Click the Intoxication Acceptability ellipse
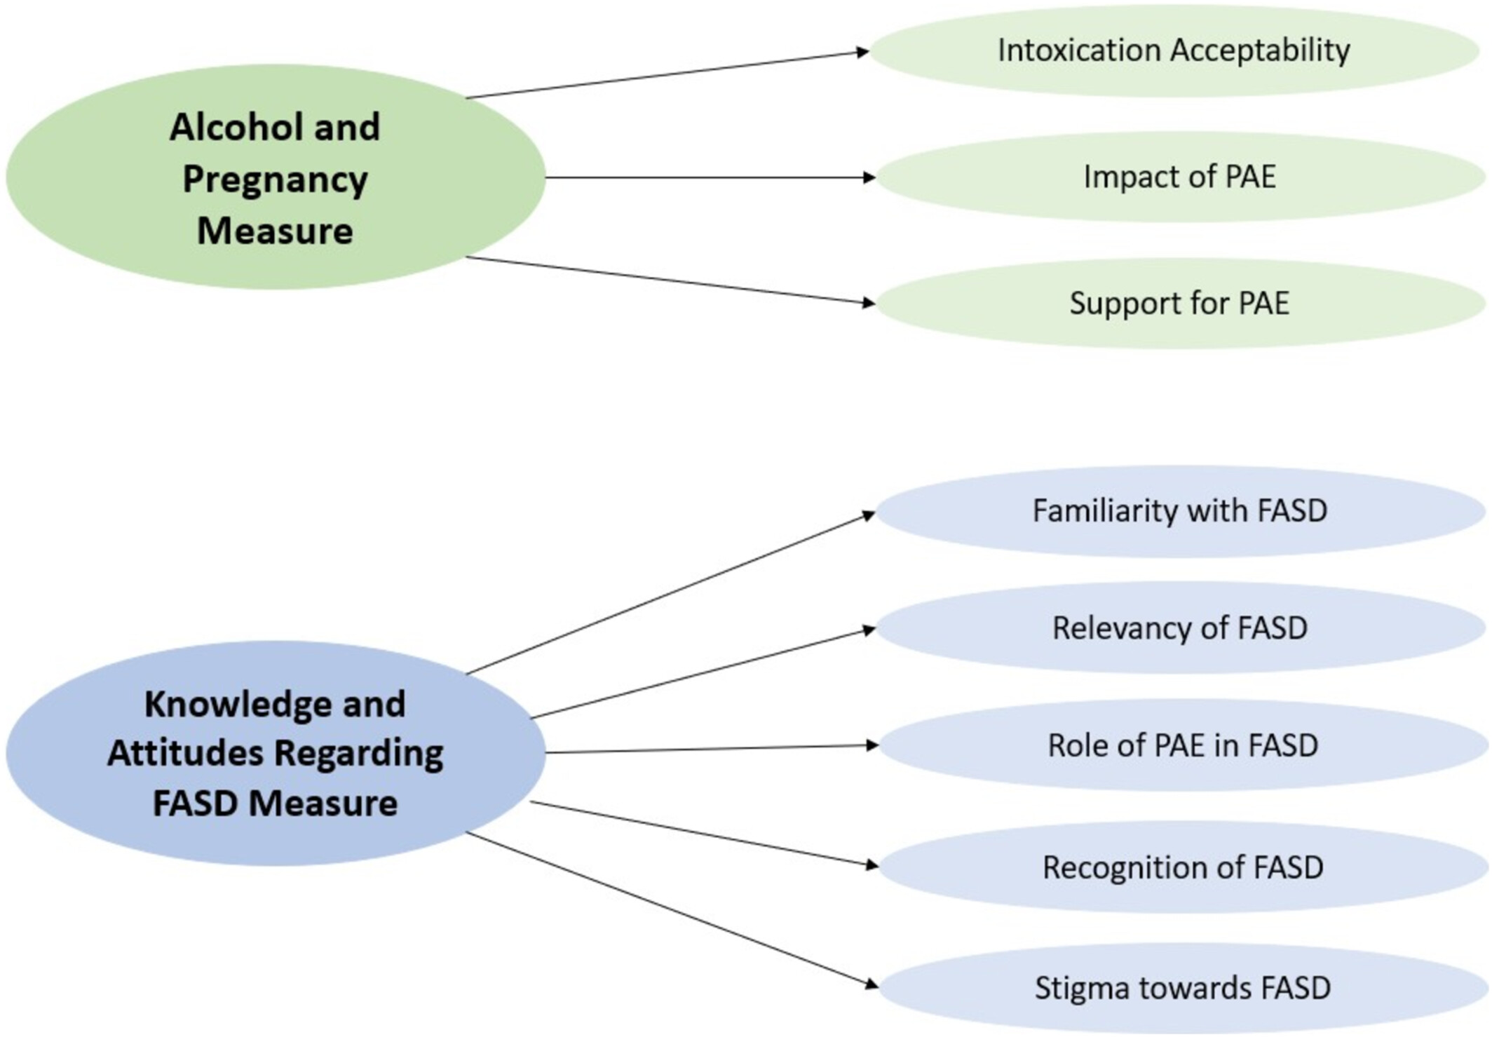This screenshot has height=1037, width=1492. pyautogui.click(x=1174, y=50)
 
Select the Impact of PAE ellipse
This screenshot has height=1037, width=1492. pyautogui.click(x=1179, y=177)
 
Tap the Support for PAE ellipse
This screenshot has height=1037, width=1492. pyautogui.click(x=1179, y=303)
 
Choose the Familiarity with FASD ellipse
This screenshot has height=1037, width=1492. pyautogui.click(x=1179, y=511)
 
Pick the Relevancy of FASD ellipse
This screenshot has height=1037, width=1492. pyautogui.click(x=1179, y=628)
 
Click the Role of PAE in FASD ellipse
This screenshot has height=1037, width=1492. pyautogui.click(x=1182, y=745)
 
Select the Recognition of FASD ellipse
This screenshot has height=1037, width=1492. pyautogui.click(x=1182, y=867)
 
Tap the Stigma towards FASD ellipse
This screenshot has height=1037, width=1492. pyautogui.click(x=1182, y=988)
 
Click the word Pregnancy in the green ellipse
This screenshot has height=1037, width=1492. pyautogui.click(x=275, y=180)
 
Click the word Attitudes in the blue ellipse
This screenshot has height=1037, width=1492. pyautogui.click(x=184, y=754)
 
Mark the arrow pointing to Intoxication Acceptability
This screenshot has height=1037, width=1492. pyautogui.click(x=666, y=74)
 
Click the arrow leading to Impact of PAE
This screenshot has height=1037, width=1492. pyautogui.click(x=708, y=177)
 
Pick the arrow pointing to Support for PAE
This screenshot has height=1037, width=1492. pyautogui.click(x=670, y=280)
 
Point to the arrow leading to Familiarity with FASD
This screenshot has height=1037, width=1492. pyautogui.click(x=670, y=593)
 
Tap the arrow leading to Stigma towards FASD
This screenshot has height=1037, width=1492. pyautogui.click(x=672, y=909)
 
